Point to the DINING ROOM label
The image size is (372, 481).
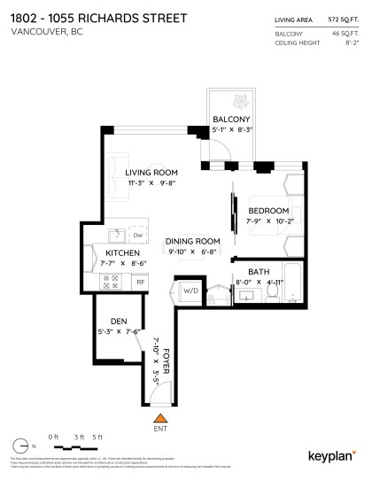[x=194, y=241]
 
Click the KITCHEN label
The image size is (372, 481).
[x=123, y=252]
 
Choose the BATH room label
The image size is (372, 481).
[x=259, y=272]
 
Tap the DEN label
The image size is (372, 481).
[x=120, y=321]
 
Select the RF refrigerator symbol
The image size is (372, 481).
[x=139, y=282]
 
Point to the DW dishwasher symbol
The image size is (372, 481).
[x=138, y=236]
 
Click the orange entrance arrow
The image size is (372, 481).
[x=160, y=416]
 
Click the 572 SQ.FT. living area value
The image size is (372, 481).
[x=340, y=17]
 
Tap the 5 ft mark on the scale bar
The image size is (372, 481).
[x=98, y=438]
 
